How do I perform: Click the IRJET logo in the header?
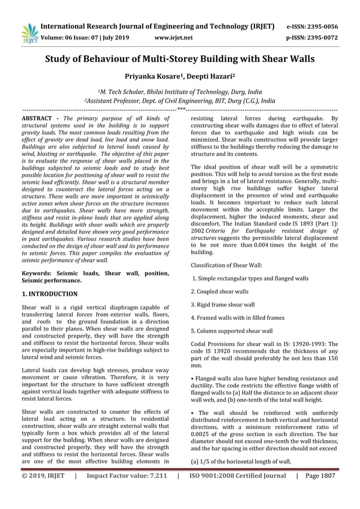pos(28,33)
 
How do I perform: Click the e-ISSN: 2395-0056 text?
pos(312,27)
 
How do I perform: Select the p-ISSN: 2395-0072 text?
pos(312,38)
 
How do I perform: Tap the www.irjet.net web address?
pos(173,38)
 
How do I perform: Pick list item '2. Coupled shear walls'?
pos(219,292)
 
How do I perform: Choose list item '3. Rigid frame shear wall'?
pos(222,305)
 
